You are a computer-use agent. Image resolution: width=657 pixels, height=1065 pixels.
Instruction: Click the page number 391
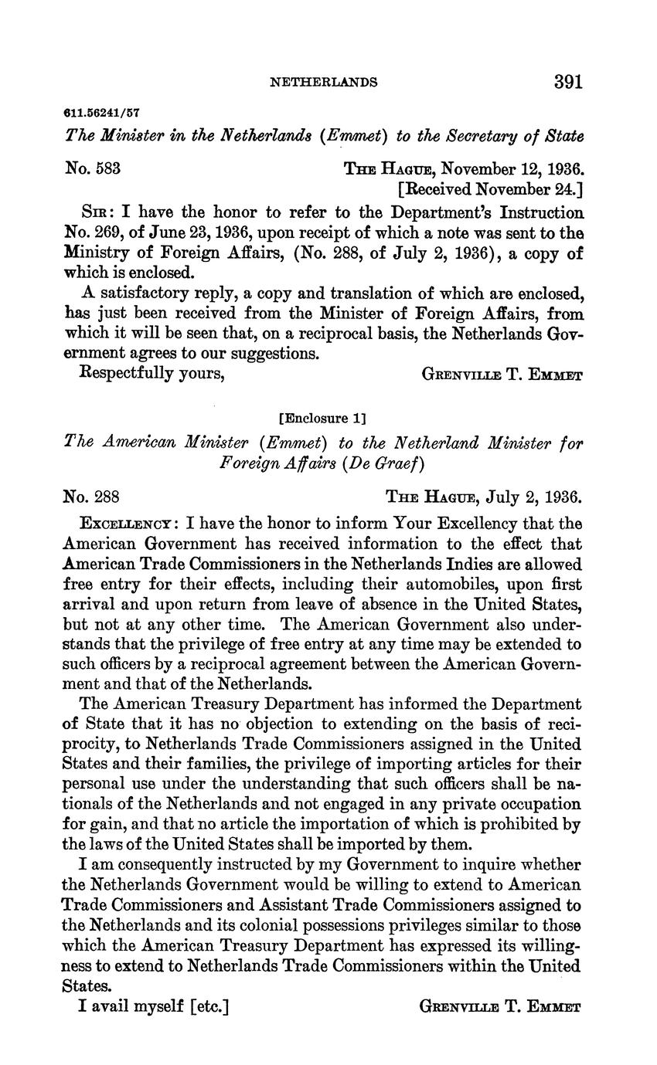pyautogui.click(x=567, y=82)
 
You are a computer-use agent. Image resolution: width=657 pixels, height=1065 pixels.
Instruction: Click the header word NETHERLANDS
pyautogui.click(x=323, y=83)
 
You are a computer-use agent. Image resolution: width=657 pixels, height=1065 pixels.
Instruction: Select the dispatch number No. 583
pyautogui.click(x=92, y=168)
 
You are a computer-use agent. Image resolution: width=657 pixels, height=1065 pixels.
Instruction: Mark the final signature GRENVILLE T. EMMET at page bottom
pyautogui.click(x=500, y=1006)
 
